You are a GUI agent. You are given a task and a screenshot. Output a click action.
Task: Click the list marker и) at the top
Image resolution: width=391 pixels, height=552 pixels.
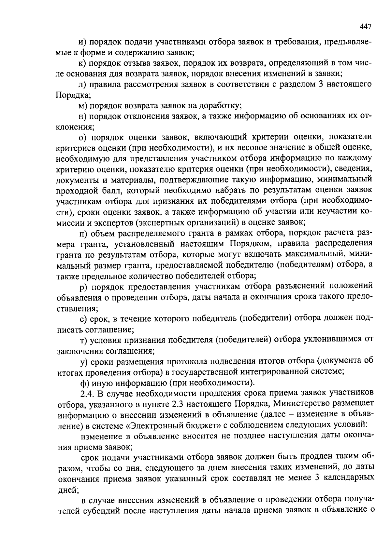tap(82, 42)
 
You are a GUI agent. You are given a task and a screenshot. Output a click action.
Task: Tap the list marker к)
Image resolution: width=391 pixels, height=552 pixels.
tap(82, 63)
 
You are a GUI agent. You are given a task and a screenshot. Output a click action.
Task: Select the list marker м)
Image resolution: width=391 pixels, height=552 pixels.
tap(83, 106)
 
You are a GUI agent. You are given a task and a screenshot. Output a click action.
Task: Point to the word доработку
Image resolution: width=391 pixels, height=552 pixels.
tap(218, 106)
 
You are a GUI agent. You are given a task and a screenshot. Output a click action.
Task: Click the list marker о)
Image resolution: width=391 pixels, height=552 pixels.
tap(82, 138)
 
